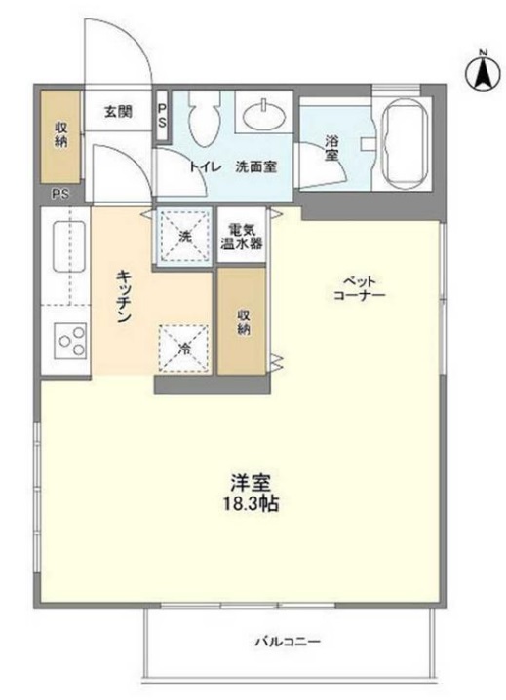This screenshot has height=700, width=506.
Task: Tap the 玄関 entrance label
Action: tap(118, 112)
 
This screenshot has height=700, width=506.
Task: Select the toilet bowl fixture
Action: tap(205, 119)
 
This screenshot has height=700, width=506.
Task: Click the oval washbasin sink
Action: tap(264, 115)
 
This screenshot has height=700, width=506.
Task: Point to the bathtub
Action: tap(405, 145)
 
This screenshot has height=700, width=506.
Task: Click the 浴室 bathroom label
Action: tap(331, 149)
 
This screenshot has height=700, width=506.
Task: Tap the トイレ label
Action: tap(205, 167)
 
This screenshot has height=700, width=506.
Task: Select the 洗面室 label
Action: tap(255, 167)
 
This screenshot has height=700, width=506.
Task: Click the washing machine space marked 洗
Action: tap(184, 236)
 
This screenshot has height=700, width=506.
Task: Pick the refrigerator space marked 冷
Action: tap(184, 349)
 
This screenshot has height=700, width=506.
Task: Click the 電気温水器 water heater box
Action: tap(242, 236)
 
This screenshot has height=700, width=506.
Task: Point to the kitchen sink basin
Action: tap(70, 246)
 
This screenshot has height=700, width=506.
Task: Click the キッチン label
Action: tap(124, 296)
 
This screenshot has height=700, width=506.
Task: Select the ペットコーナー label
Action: tap(360, 289)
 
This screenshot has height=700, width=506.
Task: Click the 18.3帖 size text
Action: tap(251, 504)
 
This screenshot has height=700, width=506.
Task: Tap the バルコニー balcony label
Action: tap(288, 642)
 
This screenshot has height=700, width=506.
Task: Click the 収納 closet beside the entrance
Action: tap(60, 136)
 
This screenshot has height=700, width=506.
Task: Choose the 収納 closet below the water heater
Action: tap(242, 321)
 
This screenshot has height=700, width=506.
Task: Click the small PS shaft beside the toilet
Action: tap(162, 117)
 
